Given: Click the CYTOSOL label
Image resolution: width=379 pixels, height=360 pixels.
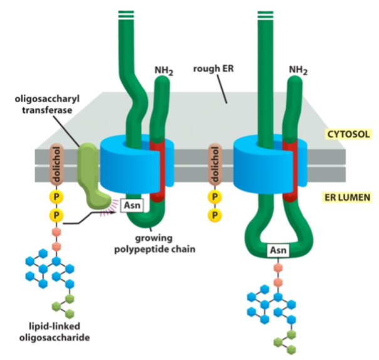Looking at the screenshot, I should pos(348,134).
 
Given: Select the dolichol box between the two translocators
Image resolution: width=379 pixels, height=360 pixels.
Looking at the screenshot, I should pos(215,166).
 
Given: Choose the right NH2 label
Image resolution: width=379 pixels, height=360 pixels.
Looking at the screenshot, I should pos(298,70).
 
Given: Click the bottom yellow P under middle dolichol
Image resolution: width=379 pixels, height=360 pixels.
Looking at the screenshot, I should pos(215,215).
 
